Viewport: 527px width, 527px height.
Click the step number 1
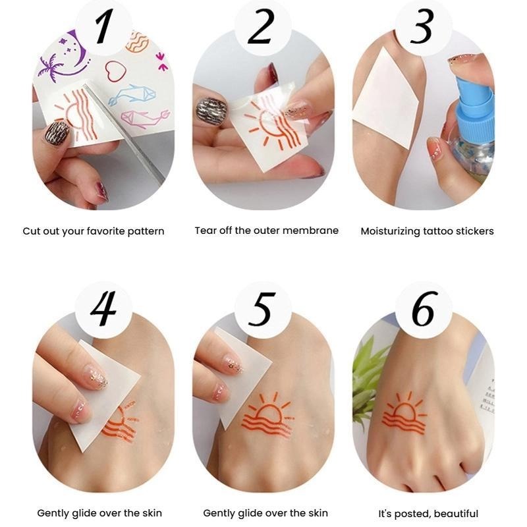pyautogui.click(x=103, y=28)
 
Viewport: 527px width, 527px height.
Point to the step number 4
pyautogui.click(x=103, y=309)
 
